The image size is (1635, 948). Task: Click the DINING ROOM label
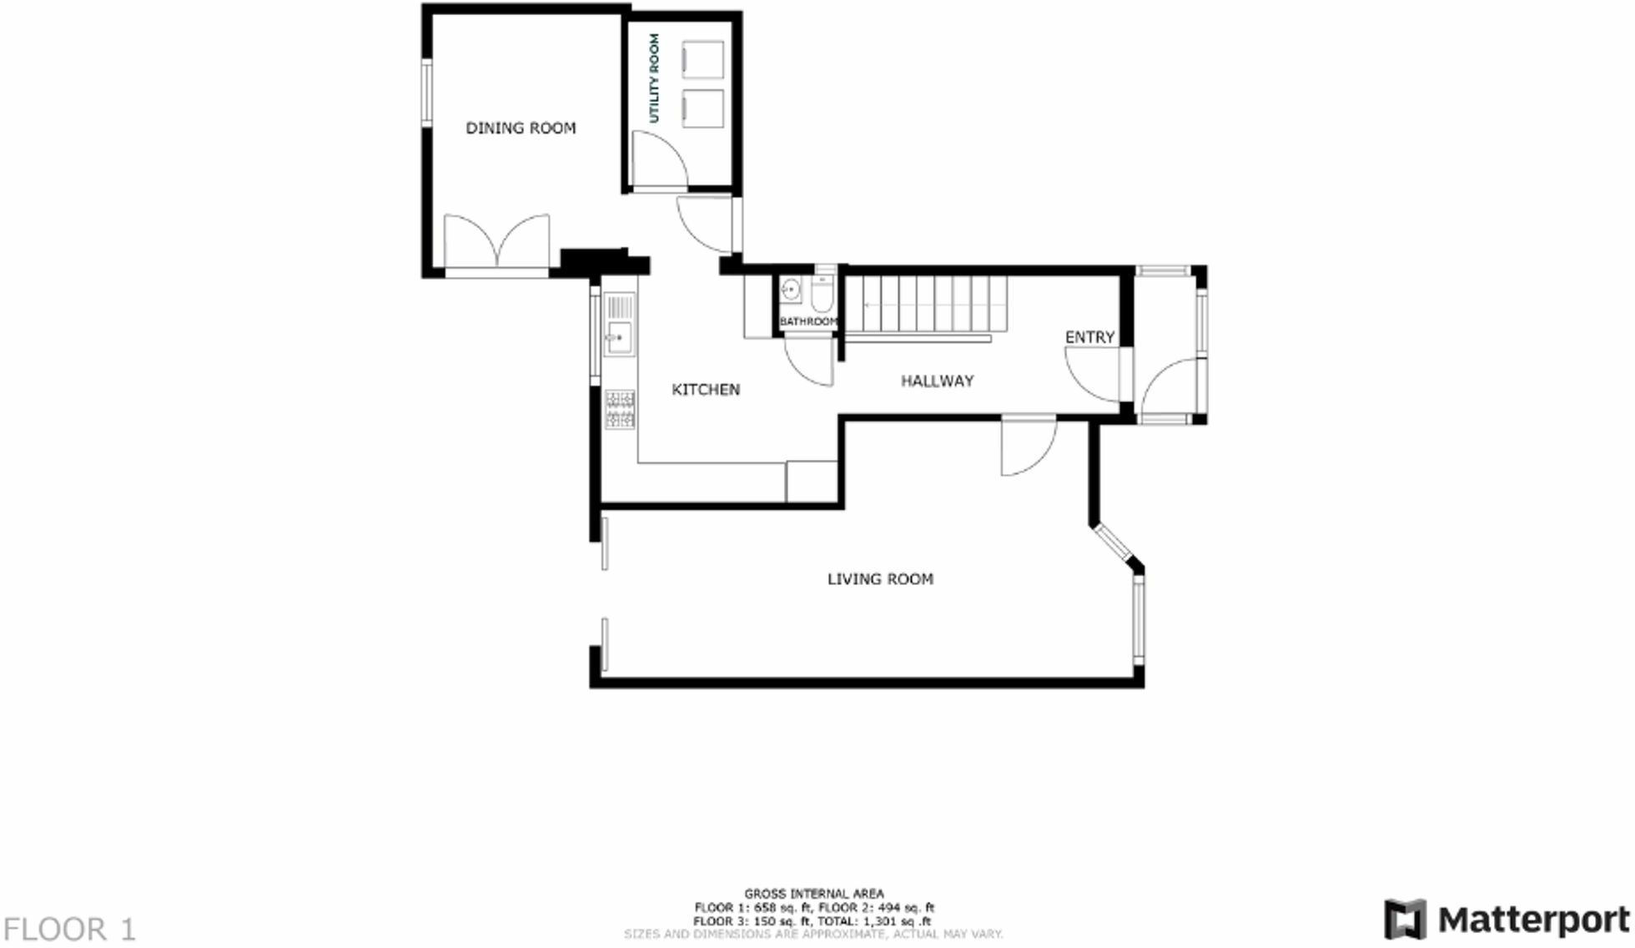(x=521, y=128)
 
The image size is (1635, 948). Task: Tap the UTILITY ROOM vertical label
(x=654, y=78)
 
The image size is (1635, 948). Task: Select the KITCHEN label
(x=706, y=390)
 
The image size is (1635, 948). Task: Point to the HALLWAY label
(x=937, y=381)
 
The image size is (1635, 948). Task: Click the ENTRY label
(x=1089, y=337)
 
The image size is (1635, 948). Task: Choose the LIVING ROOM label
(x=880, y=579)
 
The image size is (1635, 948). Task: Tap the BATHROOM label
(x=807, y=321)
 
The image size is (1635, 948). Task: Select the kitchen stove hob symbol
(x=620, y=410)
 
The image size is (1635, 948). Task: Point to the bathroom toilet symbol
(x=823, y=294)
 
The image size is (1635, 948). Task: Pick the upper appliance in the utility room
(x=702, y=60)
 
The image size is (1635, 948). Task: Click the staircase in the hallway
(x=926, y=305)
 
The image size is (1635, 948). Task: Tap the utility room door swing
(x=659, y=160)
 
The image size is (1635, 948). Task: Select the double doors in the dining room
(x=497, y=242)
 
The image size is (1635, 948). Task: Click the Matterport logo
(x=1507, y=920)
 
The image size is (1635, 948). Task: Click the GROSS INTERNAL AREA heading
(x=813, y=893)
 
